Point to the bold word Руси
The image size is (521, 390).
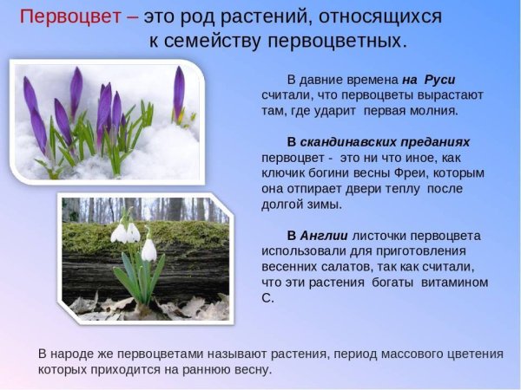(439, 79)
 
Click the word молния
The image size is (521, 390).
(432, 111)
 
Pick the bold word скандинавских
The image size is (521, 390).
(386, 141)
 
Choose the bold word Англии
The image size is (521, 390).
(323, 236)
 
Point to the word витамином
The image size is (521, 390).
(454, 283)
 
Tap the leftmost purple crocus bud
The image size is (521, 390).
(30, 94)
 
